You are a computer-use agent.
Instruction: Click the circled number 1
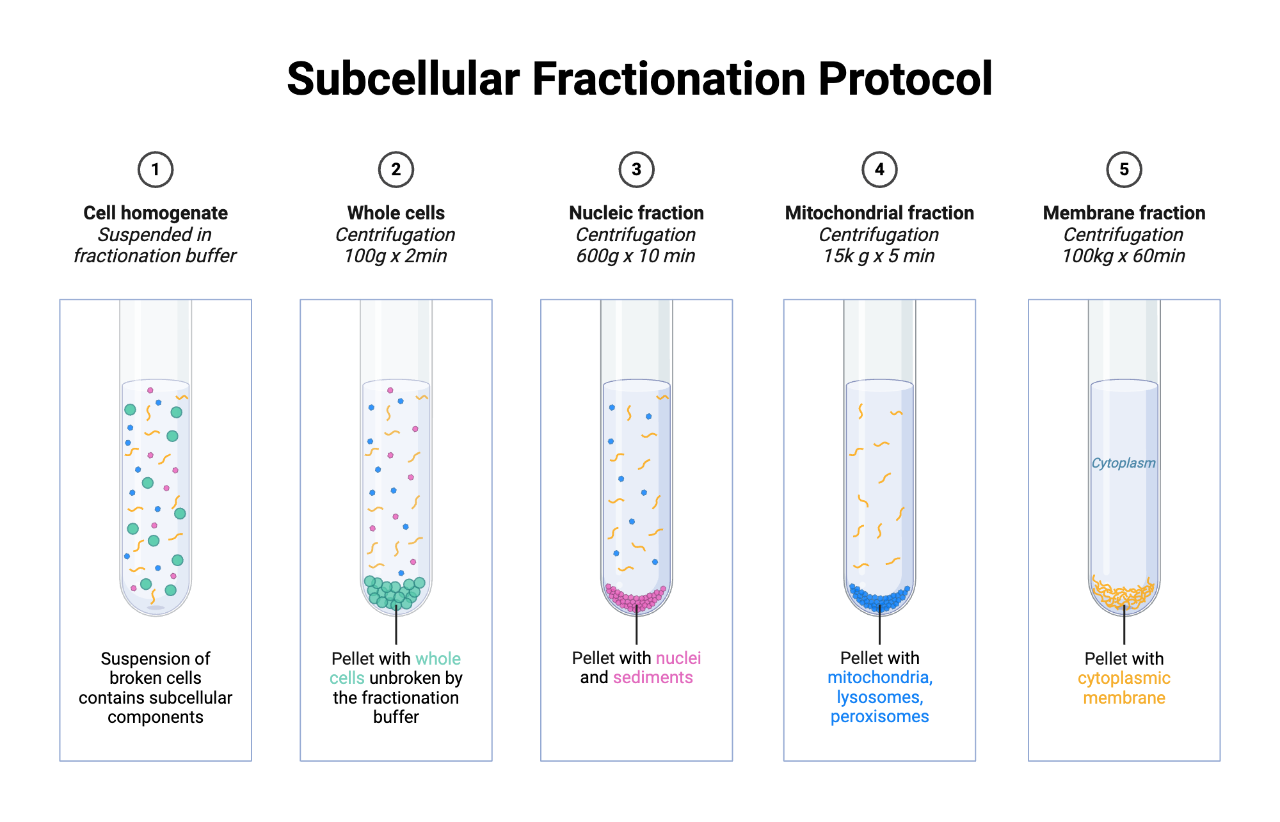tap(156, 170)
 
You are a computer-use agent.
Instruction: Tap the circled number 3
tap(636, 170)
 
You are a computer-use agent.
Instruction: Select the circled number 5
tap(1124, 170)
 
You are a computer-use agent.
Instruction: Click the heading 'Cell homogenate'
tap(156, 213)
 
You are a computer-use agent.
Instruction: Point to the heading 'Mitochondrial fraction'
tap(879, 213)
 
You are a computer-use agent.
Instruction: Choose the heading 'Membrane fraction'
tap(1124, 213)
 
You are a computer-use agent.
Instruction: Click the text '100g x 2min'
tap(396, 256)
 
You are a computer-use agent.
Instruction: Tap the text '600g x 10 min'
tap(636, 256)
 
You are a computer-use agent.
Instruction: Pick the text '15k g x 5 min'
tap(879, 256)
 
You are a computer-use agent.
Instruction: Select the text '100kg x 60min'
tap(1123, 256)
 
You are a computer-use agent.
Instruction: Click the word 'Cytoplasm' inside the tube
tap(1123, 463)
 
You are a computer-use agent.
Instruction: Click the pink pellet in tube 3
tap(636, 599)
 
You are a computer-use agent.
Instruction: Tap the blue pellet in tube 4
tap(879, 598)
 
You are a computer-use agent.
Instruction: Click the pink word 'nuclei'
tap(678, 658)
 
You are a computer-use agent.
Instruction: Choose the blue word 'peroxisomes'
tap(879, 716)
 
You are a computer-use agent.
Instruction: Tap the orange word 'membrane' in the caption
tap(1124, 698)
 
